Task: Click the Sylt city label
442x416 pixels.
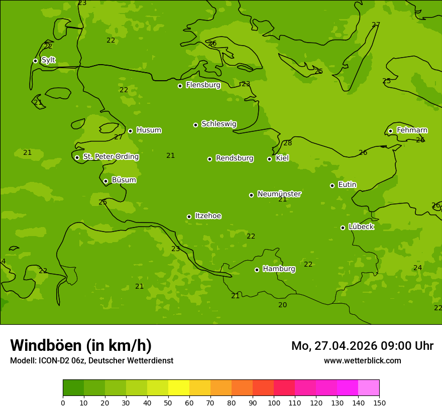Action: [x=48, y=60]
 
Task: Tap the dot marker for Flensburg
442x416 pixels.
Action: [x=180, y=86]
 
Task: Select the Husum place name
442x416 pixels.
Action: [x=149, y=130]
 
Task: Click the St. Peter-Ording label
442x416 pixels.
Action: [x=111, y=157]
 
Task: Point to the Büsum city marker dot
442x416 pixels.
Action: [x=105, y=181]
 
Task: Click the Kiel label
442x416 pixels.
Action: [x=282, y=158]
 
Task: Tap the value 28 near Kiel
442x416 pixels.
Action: [x=287, y=143]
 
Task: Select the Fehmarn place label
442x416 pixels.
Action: [x=412, y=130]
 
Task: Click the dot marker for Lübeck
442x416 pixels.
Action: [x=343, y=228]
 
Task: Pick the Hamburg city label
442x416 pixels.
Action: [x=279, y=269]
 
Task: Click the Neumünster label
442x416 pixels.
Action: [x=279, y=194]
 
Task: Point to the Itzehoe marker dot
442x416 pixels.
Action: [x=189, y=217]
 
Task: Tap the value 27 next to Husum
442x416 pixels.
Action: [x=118, y=137]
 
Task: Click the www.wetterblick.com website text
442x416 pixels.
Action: [x=362, y=360]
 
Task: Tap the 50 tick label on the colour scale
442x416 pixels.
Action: [x=168, y=403]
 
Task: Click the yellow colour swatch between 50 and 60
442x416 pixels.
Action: [x=179, y=388]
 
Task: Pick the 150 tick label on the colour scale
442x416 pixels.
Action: [x=379, y=403]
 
